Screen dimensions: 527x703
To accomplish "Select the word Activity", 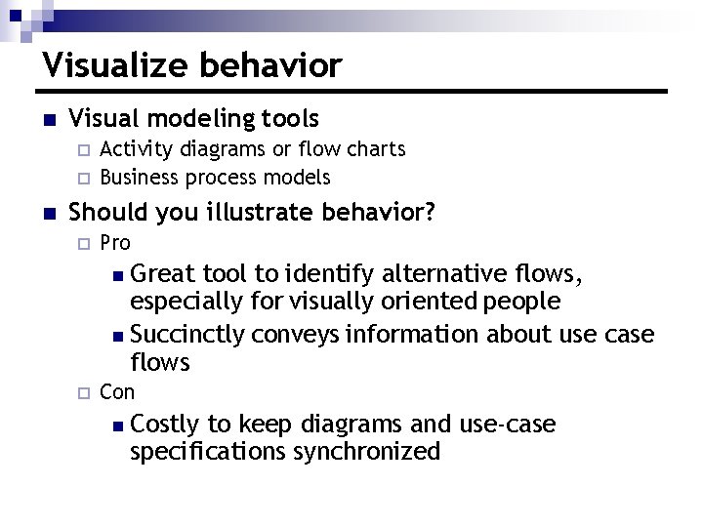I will (134, 149).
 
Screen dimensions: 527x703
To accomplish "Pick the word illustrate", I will (268, 212).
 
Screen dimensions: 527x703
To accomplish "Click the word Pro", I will (115, 242).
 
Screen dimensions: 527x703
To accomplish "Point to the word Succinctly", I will (187, 335).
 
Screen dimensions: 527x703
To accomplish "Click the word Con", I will (117, 391).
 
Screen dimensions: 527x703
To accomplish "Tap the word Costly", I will (164, 424).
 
